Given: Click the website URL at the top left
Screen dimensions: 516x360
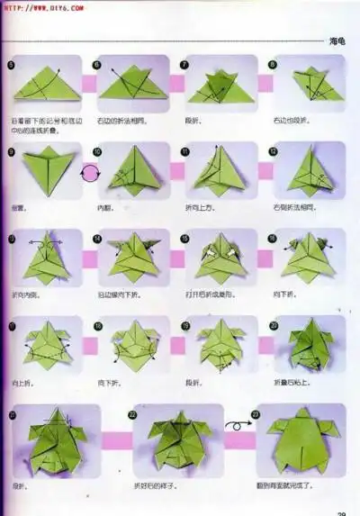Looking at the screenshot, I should (42, 6).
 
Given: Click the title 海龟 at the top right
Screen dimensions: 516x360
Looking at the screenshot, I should (337, 41).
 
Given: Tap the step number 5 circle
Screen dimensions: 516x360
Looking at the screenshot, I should (12, 65).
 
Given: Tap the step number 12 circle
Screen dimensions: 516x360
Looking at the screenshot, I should (273, 151).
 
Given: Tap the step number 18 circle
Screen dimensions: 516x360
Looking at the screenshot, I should (98, 324).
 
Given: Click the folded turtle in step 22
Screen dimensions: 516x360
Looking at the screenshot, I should (178, 441).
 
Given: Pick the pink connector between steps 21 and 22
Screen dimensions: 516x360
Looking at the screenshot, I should (116, 440).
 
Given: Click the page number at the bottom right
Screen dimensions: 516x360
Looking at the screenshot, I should (341, 512).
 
